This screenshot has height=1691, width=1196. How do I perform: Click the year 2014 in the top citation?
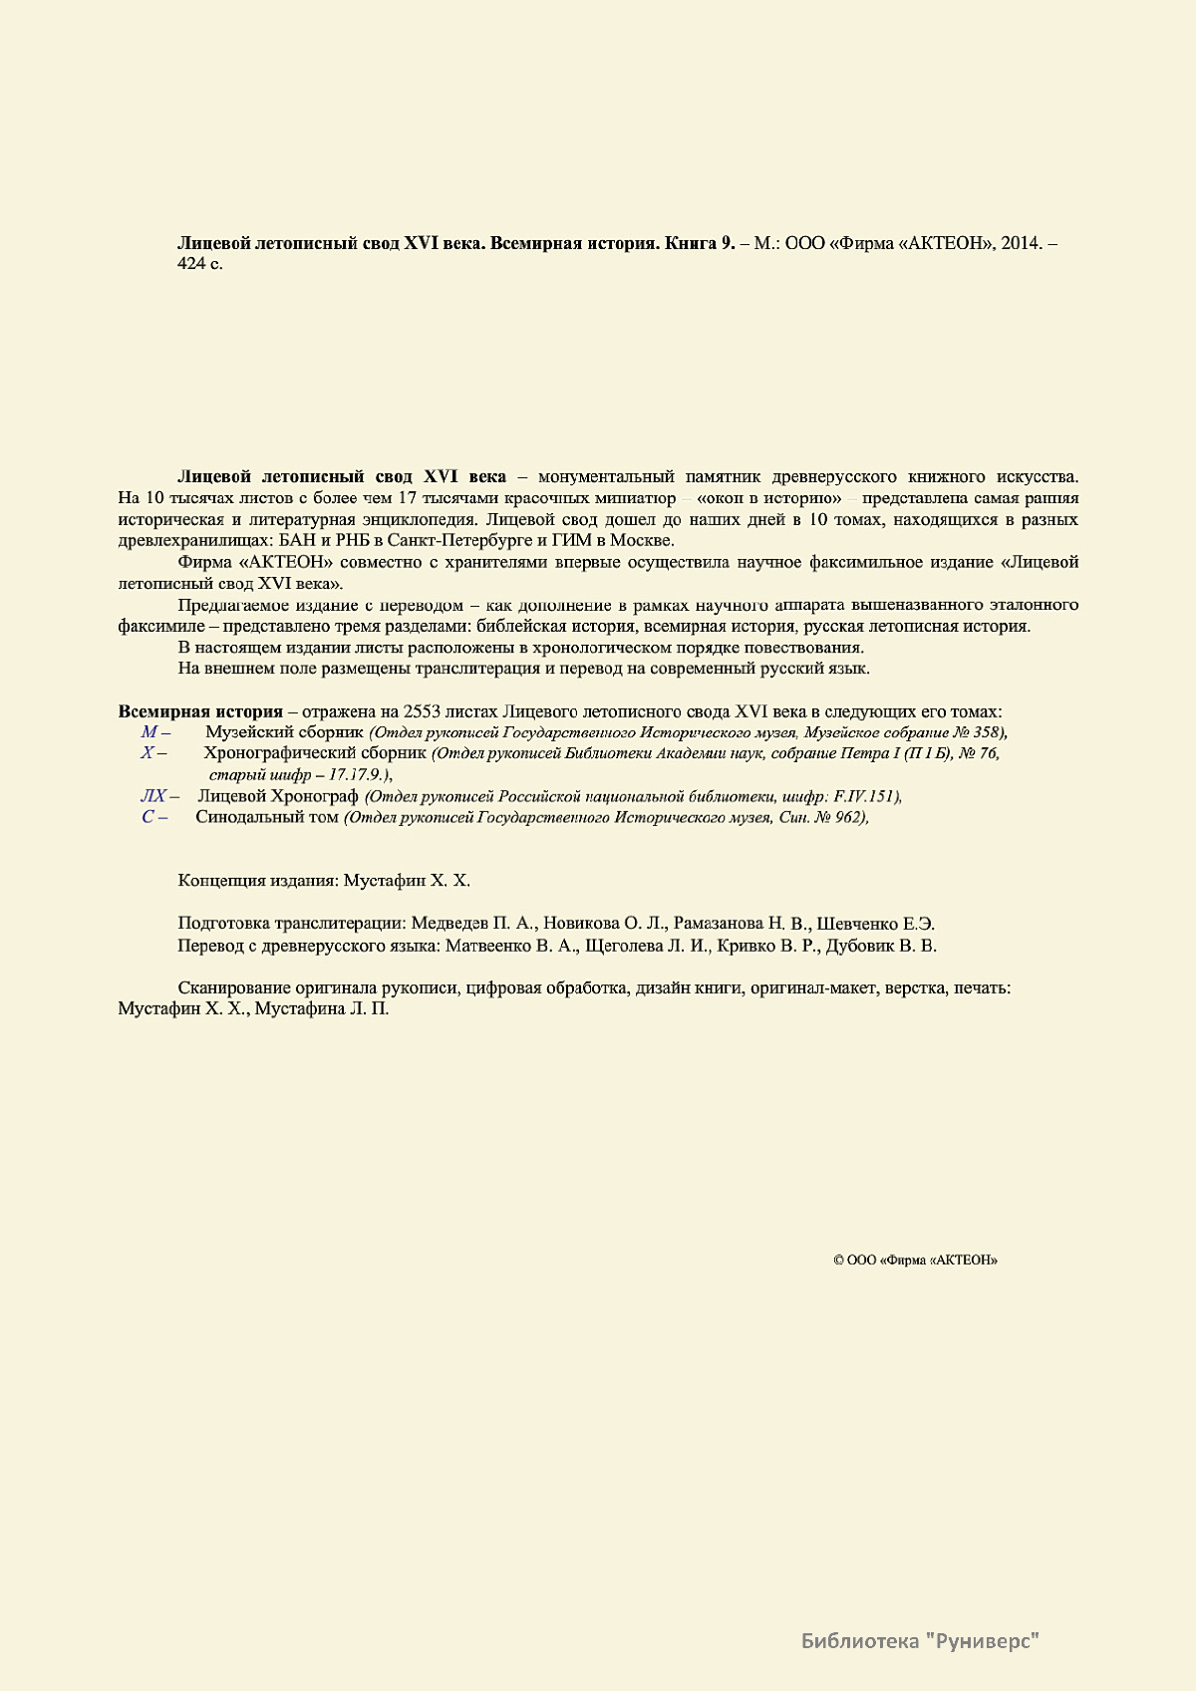(1020, 244)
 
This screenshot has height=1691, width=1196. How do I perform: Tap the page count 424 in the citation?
(189, 265)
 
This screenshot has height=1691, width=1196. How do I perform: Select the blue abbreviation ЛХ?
(152, 796)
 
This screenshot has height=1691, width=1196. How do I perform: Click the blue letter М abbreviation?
(149, 732)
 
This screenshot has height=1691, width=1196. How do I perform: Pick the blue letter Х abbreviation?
(147, 753)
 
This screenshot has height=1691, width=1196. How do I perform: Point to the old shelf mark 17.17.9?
(358, 774)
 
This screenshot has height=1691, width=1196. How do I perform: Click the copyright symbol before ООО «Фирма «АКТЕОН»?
(838, 1261)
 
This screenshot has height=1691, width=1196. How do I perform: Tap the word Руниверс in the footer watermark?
(987, 1640)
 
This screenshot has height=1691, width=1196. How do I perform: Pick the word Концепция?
(221, 881)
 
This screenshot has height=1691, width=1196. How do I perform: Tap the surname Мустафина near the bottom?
(298, 1009)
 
